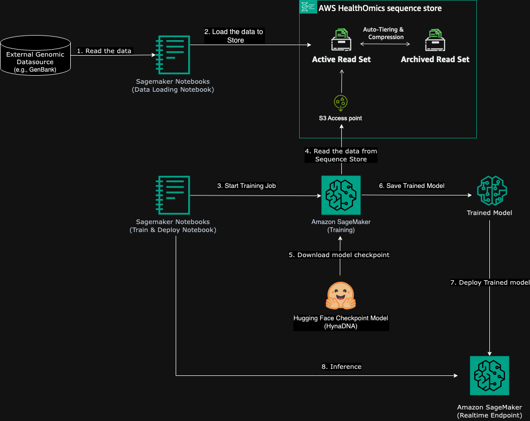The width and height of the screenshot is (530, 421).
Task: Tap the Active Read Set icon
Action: pos(341,40)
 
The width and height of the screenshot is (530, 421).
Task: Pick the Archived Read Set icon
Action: pos(435,40)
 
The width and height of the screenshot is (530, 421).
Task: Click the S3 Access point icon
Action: pos(341,102)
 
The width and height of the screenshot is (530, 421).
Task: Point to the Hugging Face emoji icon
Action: pos(341,296)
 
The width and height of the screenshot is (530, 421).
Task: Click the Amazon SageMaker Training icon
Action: pos(341,195)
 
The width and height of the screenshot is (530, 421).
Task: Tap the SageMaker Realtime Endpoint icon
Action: pos(489,376)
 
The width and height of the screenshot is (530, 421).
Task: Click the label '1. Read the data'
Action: pos(104,51)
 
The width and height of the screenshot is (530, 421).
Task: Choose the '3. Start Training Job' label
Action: pos(246,185)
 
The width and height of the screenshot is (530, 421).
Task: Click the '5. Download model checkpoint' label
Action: pos(339,255)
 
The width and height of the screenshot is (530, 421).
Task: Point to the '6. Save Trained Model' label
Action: pos(412,185)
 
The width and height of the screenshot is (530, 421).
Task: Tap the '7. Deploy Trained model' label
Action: pos(489,283)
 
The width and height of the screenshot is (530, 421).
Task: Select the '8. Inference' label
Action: pos(341,366)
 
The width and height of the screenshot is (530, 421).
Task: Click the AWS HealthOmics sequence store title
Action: pos(380,8)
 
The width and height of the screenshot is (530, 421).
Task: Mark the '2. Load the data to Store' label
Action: pos(233,36)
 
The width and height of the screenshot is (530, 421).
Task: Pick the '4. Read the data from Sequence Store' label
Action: pos(341,155)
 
